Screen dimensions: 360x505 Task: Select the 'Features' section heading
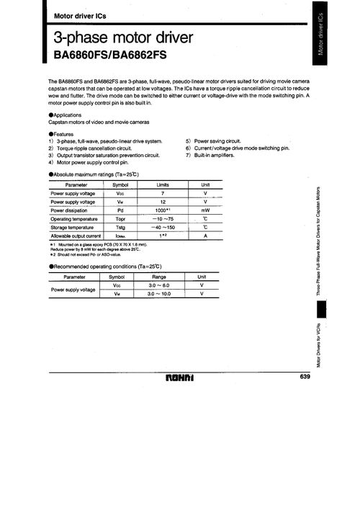click(66, 134)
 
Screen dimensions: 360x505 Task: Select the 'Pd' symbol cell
click(120, 210)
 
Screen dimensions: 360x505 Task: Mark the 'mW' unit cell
click(205, 210)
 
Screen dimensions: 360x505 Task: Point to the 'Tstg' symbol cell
click(120, 227)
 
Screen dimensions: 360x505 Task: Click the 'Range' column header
click(158, 277)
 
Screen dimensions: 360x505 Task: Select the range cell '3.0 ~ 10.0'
click(158, 293)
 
